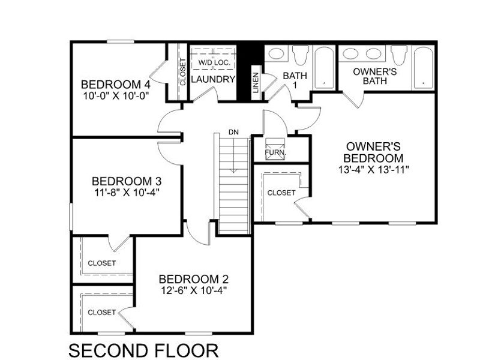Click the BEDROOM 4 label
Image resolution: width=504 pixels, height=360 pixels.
tap(115, 83)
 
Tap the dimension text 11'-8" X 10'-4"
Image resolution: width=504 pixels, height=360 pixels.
tap(126, 193)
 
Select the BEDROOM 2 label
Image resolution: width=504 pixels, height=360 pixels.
tap(193, 279)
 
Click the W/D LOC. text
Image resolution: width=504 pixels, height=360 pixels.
tap(212, 62)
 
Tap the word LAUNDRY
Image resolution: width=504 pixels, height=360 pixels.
tap(212, 79)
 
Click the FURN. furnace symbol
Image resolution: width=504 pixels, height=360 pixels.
tap(275, 148)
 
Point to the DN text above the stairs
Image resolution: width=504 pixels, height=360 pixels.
tap(233, 131)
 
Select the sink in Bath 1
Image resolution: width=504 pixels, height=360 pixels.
tap(276, 55)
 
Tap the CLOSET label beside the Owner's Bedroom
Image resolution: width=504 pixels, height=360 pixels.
tap(281, 193)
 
